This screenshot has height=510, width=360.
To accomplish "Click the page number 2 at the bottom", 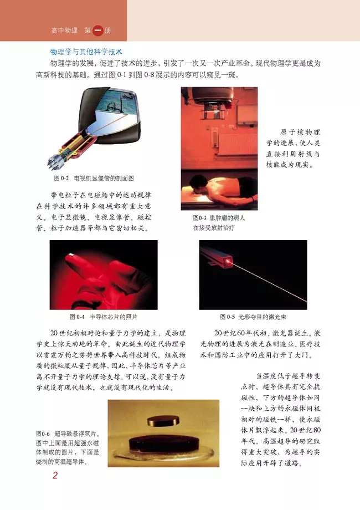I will point(55,475).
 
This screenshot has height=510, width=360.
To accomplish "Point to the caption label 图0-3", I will point(197,218).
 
